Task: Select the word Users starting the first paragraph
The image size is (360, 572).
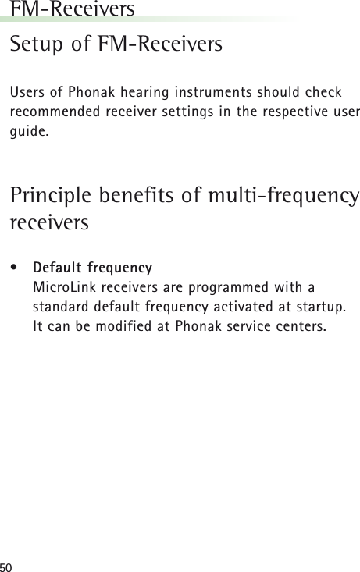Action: click(25, 93)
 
